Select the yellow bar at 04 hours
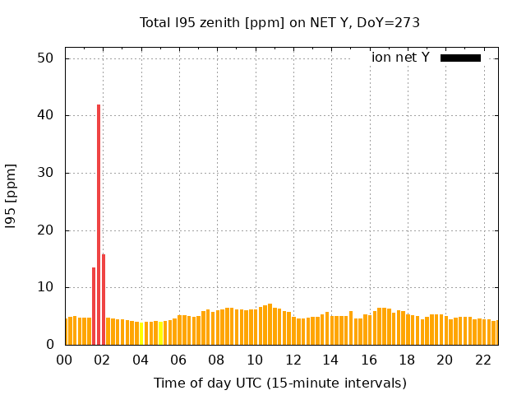pos(141,333)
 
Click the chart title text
pos(279,22)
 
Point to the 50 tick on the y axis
pos(46,58)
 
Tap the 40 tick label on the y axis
pos(46,115)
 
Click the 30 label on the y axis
pos(46,173)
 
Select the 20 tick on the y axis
pos(46,230)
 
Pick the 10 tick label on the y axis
pos(46,287)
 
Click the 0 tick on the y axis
pos(50,344)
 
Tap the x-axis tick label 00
pos(65,360)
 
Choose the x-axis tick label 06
pos(179,360)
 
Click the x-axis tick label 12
pos(293,360)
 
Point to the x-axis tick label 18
pos(407,360)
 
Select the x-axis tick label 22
pos(483,360)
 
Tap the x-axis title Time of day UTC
pos(279,383)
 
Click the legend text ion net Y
pos(400,58)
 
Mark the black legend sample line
pos(460,58)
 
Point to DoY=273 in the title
pos(385,22)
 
